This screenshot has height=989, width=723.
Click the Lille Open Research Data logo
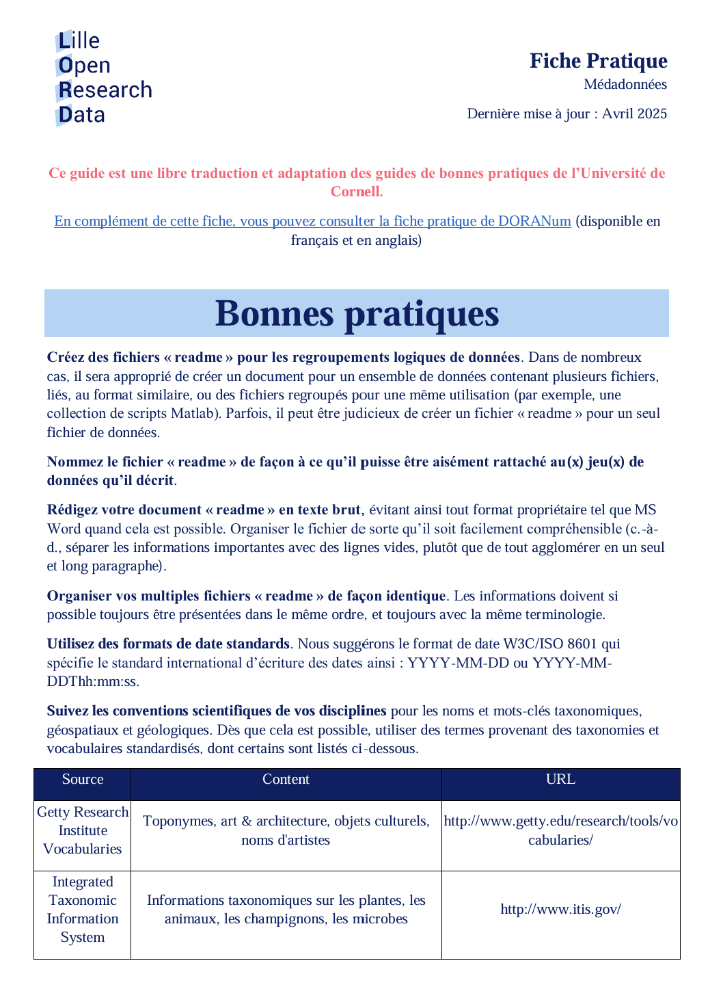pos(103,78)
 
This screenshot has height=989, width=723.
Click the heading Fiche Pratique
pos(598,61)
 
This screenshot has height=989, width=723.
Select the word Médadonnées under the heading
pos(625,84)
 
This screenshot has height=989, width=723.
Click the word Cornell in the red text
pos(356,192)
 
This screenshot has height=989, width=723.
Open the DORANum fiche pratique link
pos(312,221)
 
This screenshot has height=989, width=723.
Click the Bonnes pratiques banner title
pos(357,314)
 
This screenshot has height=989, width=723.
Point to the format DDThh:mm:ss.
pos(93,681)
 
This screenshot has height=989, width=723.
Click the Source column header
pos(83,780)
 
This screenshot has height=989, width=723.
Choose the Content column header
pos(286,780)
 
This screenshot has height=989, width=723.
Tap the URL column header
pos(560,780)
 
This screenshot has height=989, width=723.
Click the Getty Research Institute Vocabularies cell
pos(83,830)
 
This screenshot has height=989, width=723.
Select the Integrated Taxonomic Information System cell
pos(83,910)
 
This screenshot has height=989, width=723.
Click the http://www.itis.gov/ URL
pos(560,909)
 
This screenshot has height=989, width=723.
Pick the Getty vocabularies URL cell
pos(560,830)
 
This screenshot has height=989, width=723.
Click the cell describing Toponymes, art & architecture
pos(286,830)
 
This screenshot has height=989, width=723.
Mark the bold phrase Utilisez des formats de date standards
pos(168,644)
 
